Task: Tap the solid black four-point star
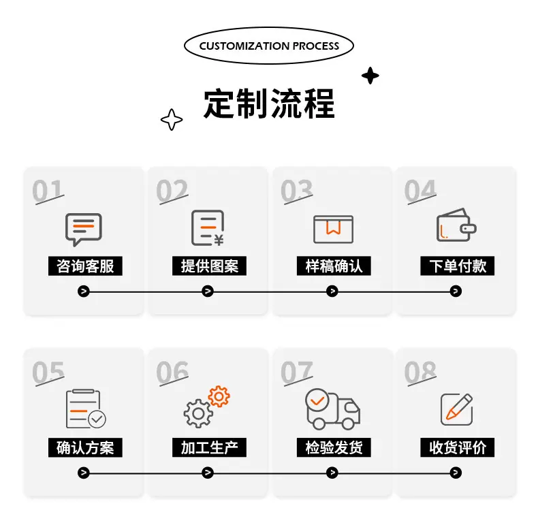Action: click(x=370, y=76)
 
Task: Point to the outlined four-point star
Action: click(x=172, y=120)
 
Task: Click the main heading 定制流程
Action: click(x=269, y=104)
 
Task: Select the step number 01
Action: click(x=48, y=191)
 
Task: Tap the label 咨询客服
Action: click(x=85, y=266)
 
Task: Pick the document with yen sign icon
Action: click(x=208, y=228)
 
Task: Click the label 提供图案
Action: click(x=209, y=266)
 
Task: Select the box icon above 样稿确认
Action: click(x=333, y=229)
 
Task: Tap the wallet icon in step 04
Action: click(x=456, y=225)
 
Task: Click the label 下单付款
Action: click(x=458, y=266)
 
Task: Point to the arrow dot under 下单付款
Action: click(x=456, y=291)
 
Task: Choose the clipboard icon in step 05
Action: click(x=85, y=409)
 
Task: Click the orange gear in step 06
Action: click(x=219, y=396)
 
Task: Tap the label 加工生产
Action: click(x=209, y=447)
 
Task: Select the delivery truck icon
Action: click(x=332, y=409)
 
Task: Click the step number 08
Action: click(x=420, y=372)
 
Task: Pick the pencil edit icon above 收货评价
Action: click(x=457, y=409)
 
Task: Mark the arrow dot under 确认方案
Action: click(x=83, y=473)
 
